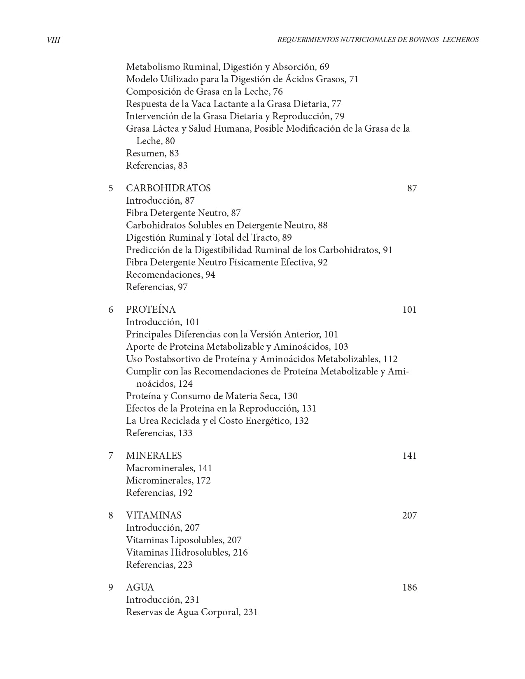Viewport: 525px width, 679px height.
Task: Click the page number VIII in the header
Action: (54, 40)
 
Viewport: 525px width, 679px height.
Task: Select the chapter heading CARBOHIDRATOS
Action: (168, 188)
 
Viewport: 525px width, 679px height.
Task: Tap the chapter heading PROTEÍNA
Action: (151, 309)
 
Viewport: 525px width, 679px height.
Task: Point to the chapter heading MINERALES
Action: (154, 456)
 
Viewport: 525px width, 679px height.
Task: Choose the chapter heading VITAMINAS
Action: (154, 515)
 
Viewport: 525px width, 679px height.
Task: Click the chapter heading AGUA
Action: (140, 587)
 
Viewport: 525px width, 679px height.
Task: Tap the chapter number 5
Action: (111, 188)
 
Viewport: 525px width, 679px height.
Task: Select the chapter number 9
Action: (111, 587)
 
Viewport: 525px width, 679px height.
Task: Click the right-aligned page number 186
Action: (409, 587)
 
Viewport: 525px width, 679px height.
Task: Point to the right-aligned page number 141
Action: (409, 456)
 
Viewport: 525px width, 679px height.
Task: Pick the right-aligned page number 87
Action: (412, 188)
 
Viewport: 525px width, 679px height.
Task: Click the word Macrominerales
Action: (160, 468)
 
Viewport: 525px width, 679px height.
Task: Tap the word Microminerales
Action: (159, 480)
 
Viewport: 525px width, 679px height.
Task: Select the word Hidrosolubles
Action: (200, 552)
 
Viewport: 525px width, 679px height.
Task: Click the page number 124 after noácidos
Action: (185, 384)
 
